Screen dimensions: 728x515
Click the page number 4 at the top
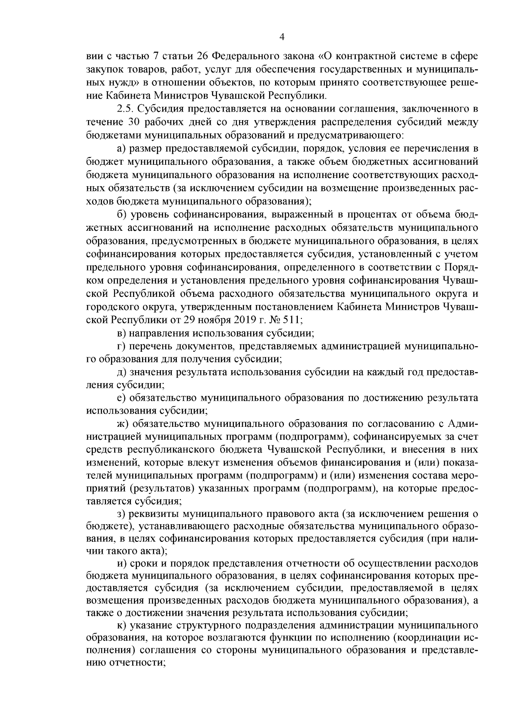click(x=282, y=37)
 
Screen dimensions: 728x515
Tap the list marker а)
click(x=122, y=149)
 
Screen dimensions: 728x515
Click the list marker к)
click(x=122, y=624)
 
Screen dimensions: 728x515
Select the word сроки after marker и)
click(x=147, y=563)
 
